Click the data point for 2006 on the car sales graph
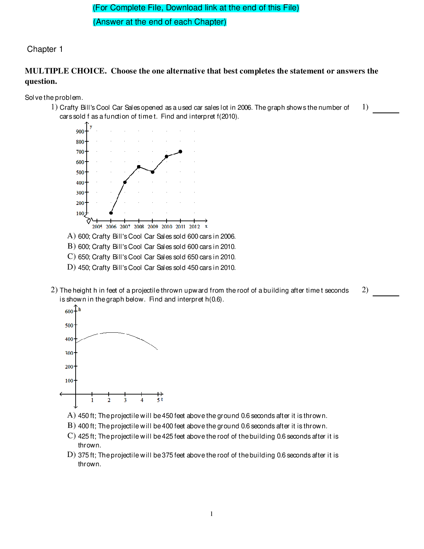coord(111,213)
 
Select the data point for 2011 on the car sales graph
coord(180,152)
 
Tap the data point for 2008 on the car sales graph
coord(139,167)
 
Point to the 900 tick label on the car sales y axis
coord(80,132)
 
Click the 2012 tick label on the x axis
coord(194,227)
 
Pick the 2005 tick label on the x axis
coord(97,227)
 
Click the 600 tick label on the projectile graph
coord(69,312)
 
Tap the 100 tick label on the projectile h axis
coord(69,381)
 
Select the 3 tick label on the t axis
coord(125,400)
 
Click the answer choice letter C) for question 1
coord(71,256)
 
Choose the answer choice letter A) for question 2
coord(71,415)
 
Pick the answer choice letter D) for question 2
coord(71,455)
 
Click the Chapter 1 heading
coord(45,49)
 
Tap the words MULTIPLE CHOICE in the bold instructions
coord(65,71)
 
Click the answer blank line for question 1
coord(386,112)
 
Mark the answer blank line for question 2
coord(386,295)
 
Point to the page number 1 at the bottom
coord(212,514)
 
